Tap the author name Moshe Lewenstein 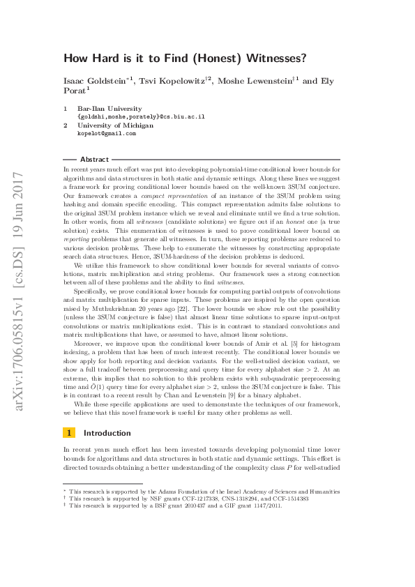click(x=258, y=82)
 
